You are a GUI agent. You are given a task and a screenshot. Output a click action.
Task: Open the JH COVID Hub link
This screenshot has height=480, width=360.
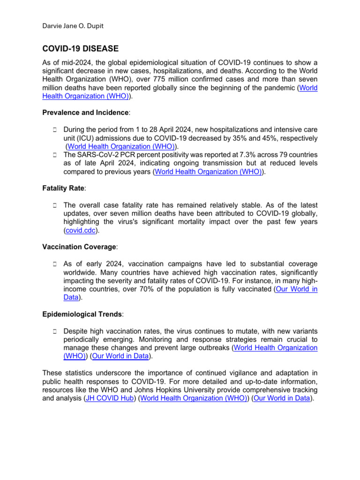pyautogui.click(x=108, y=399)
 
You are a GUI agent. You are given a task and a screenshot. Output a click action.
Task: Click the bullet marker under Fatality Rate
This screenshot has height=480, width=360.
pyautogui.click(x=54, y=205)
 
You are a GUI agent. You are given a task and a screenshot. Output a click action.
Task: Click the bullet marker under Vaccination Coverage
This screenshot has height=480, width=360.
pyautogui.click(x=54, y=264)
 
